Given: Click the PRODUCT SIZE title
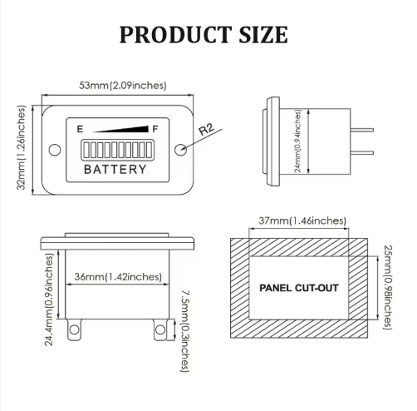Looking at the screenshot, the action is pos(204,35).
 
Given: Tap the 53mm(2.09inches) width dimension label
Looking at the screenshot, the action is pos(123,85).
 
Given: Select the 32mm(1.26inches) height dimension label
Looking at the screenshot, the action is pos(22,147).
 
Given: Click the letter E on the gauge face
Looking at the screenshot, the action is pos(80,129).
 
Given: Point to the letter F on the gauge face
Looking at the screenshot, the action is pos(155,129).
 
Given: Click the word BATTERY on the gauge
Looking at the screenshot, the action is pos(115,169).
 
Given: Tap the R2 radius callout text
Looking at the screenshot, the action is pos(207,129).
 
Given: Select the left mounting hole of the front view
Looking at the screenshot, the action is pos(55,150).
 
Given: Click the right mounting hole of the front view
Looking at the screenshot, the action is pos(180,150).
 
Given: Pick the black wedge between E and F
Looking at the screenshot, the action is pos(121,129).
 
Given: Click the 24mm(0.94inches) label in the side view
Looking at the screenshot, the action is pos(297,141).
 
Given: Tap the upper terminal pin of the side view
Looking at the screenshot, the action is pos(362,130).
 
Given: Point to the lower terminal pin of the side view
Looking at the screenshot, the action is pos(362,152).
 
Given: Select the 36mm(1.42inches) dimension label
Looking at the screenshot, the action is pos(118,277).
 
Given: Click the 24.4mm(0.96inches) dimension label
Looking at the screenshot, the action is pos(49,300).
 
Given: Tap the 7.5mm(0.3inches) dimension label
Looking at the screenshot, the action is pos(185,331).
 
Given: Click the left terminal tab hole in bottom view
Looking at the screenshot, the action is pos(74,329).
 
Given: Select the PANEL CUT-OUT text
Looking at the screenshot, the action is pos(299,288).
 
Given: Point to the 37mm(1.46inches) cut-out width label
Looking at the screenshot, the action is pos(302,220).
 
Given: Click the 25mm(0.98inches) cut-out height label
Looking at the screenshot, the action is pos(387,287).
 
